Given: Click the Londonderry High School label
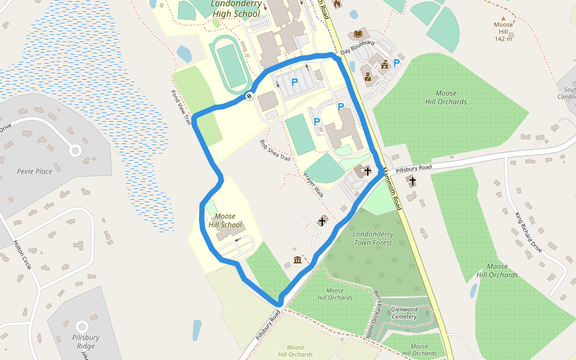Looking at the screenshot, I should pos(236,8).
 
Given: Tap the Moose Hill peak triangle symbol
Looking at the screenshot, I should pos(503,18).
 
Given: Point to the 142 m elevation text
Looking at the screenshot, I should pos(503,38).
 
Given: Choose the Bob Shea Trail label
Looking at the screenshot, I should pos(275,151).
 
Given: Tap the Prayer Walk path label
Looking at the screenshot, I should pos(313,185).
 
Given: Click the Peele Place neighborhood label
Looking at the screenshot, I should pos(35,172).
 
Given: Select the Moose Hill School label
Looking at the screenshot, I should pos(224,221).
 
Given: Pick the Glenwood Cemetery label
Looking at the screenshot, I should pos(404,313).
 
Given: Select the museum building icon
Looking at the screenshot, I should pos(298,260).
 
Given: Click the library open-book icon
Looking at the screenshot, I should pos(359,34).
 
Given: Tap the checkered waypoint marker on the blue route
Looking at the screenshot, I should pos(249,95).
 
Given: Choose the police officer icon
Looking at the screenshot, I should pos(367,76).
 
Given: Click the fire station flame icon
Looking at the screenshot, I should pos(337,4).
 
